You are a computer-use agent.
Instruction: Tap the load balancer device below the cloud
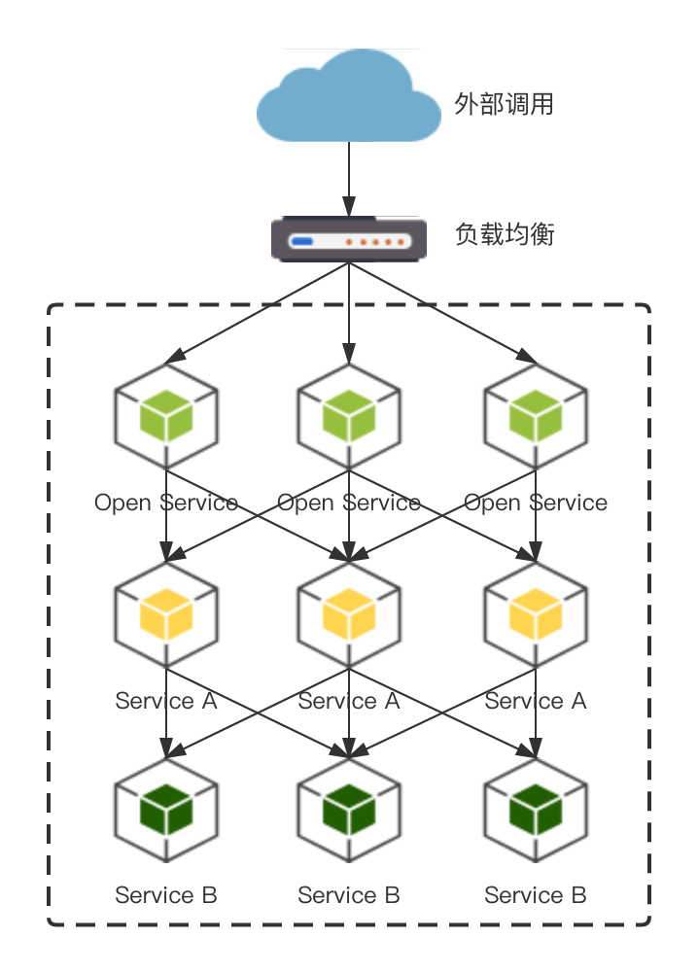click(x=349, y=238)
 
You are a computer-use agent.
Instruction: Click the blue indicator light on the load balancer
click(x=302, y=240)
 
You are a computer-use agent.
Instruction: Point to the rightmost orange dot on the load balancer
click(x=399, y=240)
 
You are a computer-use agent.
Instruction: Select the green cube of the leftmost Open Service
click(x=166, y=417)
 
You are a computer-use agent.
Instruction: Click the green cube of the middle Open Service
click(x=349, y=417)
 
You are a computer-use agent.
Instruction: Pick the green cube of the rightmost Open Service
click(x=536, y=417)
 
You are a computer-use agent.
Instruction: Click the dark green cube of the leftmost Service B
click(x=166, y=810)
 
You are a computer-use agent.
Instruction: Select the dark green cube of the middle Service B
click(x=349, y=810)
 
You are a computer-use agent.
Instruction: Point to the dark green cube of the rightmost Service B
click(x=536, y=810)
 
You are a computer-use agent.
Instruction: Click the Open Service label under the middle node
click(x=349, y=503)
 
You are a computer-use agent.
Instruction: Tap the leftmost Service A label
click(x=166, y=701)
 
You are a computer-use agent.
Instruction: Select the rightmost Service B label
click(x=536, y=895)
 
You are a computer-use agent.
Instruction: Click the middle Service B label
click(x=349, y=895)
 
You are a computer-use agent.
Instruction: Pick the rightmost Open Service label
click(x=536, y=503)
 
